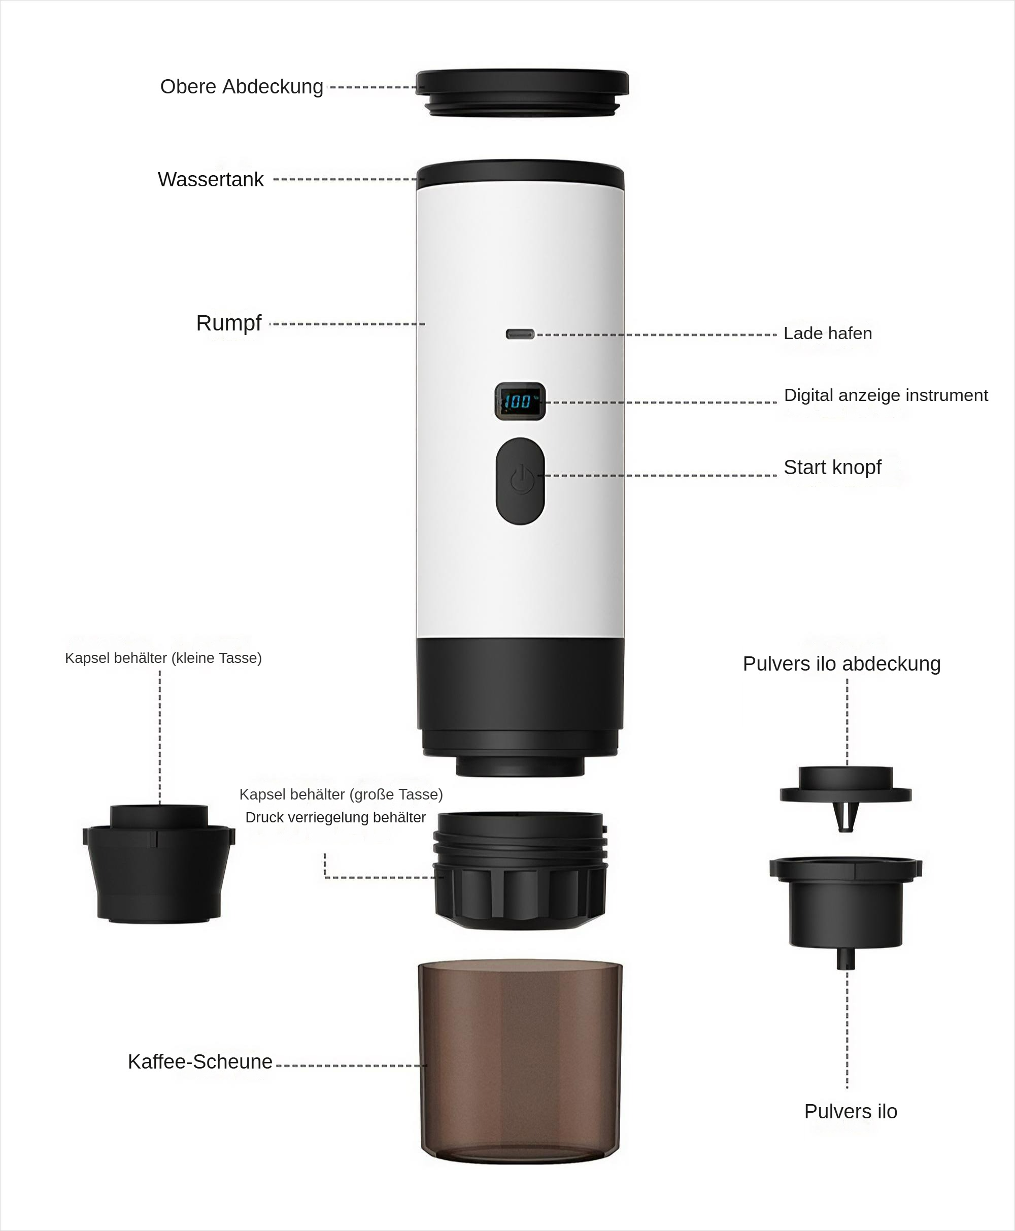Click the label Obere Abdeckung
pyautogui.click(x=242, y=86)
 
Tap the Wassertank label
pyautogui.click(x=211, y=180)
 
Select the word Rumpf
pyautogui.click(x=228, y=323)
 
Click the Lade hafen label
pyautogui.click(x=827, y=334)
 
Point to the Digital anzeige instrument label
pyautogui.click(x=886, y=395)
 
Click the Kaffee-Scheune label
pyautogui.click(x=200, y=1062)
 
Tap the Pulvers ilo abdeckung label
pyautogui.click(x=841, y=664)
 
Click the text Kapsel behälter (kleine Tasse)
pyautogui.click(x=163, y=658)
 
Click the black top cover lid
pyautogui.click(x=522, y=93)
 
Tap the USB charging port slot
pyautogui.click(x=520, y=334)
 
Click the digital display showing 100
pyautogui.click(x=520, y=401)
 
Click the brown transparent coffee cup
pyautogui.click(x=520, y=1061)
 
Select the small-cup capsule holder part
pyautogui.click(x=158, y=864)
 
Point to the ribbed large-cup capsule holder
pyautogui.click(x=520, y=870)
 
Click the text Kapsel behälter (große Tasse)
pyautogui.click(x=341, y=794)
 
